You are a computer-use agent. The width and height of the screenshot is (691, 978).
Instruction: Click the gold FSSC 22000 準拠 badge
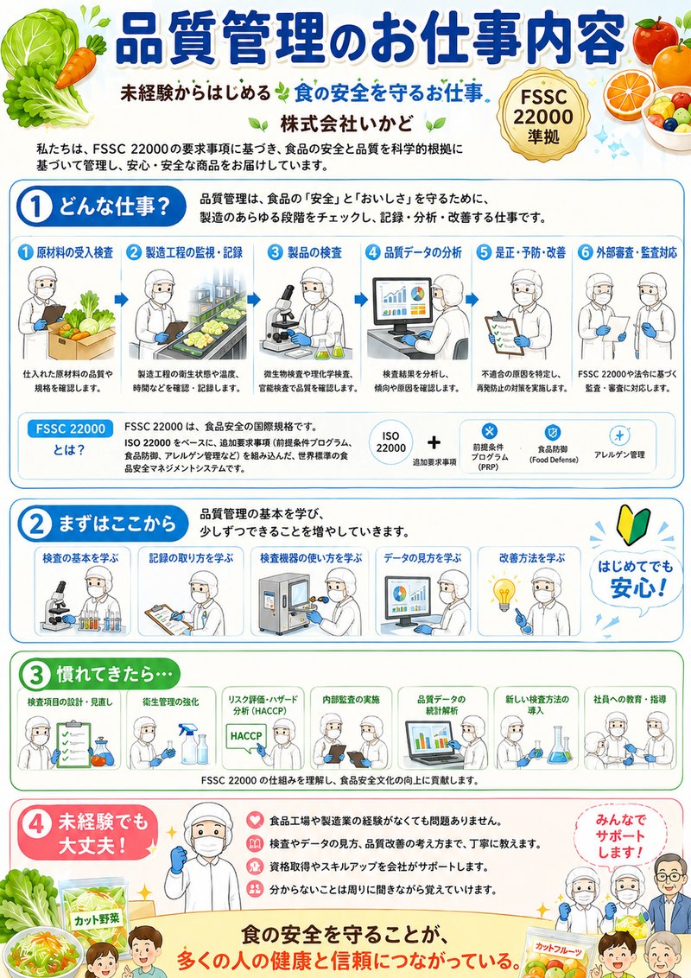(543, 116)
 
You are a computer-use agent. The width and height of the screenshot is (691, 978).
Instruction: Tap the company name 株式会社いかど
(346, 124)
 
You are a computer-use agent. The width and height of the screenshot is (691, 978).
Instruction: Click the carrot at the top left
(79, 61)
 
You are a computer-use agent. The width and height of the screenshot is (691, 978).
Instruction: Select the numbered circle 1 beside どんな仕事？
(36, 207)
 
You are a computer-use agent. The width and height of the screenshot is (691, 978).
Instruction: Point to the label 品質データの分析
(423, 252)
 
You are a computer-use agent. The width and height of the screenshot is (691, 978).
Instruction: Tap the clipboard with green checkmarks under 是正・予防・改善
(504, 334)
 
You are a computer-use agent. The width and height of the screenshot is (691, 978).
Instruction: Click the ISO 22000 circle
(390, 442)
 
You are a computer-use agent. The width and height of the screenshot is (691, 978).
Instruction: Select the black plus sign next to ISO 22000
(434, 442)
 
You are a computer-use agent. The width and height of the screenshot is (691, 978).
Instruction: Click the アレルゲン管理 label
(619, 454)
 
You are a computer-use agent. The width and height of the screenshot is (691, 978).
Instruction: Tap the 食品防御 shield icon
(553, 432)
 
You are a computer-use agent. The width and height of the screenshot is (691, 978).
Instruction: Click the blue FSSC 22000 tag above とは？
(70, 429)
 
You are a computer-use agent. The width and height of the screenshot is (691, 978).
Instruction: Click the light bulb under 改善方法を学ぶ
(504, 594)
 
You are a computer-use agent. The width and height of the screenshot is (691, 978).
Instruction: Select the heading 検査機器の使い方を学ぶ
(311, 557)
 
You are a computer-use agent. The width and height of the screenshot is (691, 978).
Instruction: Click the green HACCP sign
(246, 736)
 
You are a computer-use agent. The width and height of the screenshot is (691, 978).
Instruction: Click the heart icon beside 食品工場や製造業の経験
(255, 820)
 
